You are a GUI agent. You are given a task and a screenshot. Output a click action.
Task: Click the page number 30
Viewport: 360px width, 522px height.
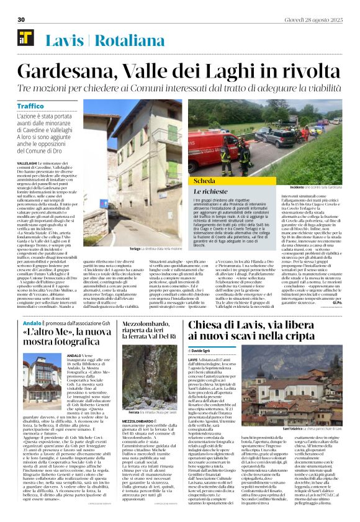tap(20, 20)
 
